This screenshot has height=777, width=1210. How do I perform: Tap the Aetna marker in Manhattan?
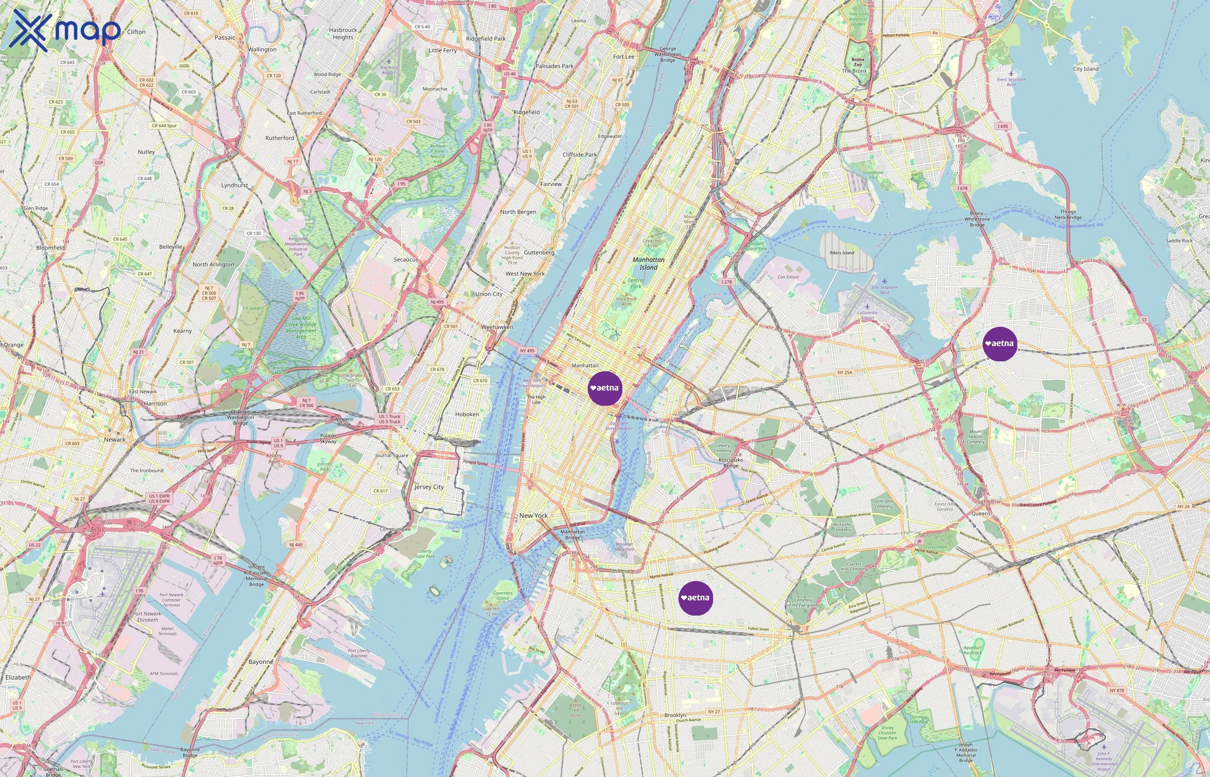pos(605,388)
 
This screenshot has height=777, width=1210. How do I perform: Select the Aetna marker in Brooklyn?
pos(695,598)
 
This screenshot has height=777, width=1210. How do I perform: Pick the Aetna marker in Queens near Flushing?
pos(1000,344)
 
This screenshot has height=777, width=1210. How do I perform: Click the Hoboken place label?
pos(467,414)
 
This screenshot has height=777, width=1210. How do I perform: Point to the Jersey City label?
pos(429,487)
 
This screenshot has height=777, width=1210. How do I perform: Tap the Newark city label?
pos(115,439)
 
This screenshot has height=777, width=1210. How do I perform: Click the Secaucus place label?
pos(406,259)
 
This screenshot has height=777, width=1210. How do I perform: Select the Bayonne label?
pos(261,661)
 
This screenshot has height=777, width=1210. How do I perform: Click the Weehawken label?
pos(497,327)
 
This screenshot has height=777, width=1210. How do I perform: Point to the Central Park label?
pos(635,283)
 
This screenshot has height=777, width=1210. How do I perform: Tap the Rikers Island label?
pos(842,253)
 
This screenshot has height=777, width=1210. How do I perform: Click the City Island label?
pos(1086,69)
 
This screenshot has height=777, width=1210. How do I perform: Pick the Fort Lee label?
pos(624,57)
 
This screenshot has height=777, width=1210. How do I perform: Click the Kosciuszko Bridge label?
pos(731,463)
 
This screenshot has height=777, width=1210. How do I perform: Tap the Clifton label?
pos(137,32)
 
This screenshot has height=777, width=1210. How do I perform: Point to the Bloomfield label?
pos(51,248)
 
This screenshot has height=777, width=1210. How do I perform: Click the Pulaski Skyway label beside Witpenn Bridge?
pos(328,439)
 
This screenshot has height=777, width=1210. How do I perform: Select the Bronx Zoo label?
pos(857,62)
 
